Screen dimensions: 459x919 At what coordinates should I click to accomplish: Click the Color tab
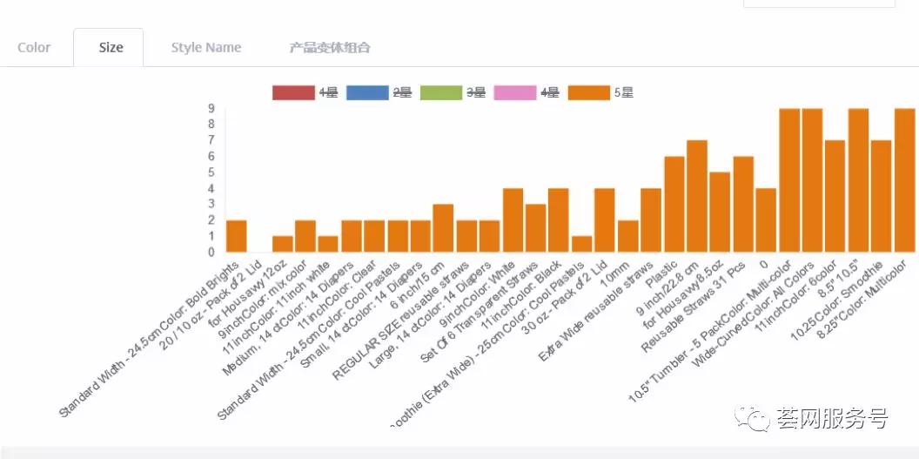point(34,48)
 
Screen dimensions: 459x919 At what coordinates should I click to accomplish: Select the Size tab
point(111,48)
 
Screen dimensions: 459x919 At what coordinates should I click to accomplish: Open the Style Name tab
point(206,48)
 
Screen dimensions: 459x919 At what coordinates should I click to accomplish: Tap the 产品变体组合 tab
point(330,48)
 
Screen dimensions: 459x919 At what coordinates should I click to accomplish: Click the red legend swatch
point(292,92)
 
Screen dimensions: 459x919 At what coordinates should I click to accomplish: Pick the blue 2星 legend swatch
point(366,92)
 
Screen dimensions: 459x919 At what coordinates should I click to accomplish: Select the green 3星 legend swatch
point(440,92)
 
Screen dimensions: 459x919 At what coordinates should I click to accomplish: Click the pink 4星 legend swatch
point(514,92)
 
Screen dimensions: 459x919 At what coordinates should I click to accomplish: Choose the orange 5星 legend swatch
point(588,92)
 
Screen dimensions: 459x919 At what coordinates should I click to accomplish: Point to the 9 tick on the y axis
point(211,109)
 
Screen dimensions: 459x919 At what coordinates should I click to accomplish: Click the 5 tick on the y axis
point(211,172)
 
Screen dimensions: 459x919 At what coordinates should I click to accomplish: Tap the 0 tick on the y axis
point(211,253)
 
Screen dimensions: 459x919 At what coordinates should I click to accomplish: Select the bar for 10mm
point(628,236)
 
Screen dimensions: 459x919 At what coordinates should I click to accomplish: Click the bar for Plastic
point(674,205)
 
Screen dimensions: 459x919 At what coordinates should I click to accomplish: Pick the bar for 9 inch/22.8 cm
point(697,196)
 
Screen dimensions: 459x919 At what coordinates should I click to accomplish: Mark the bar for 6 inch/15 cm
point(443,228)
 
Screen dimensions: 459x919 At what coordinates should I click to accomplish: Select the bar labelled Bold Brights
point(236,236)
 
